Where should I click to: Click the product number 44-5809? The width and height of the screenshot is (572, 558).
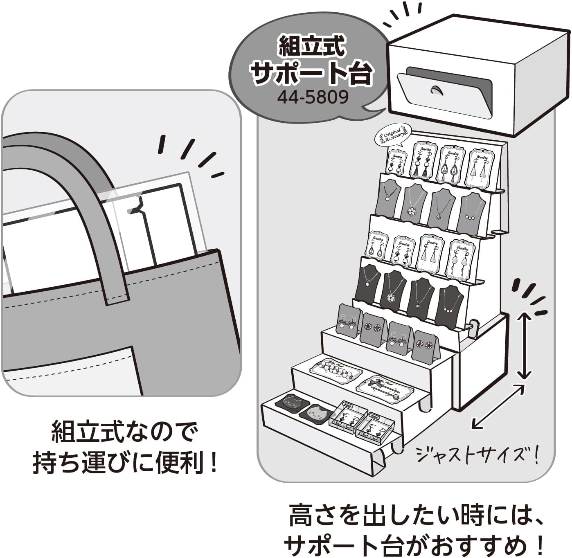click(313, 97)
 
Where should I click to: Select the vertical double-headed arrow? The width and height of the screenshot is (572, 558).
click(525, 345)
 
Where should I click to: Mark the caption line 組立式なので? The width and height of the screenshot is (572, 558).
click(124, 432)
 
